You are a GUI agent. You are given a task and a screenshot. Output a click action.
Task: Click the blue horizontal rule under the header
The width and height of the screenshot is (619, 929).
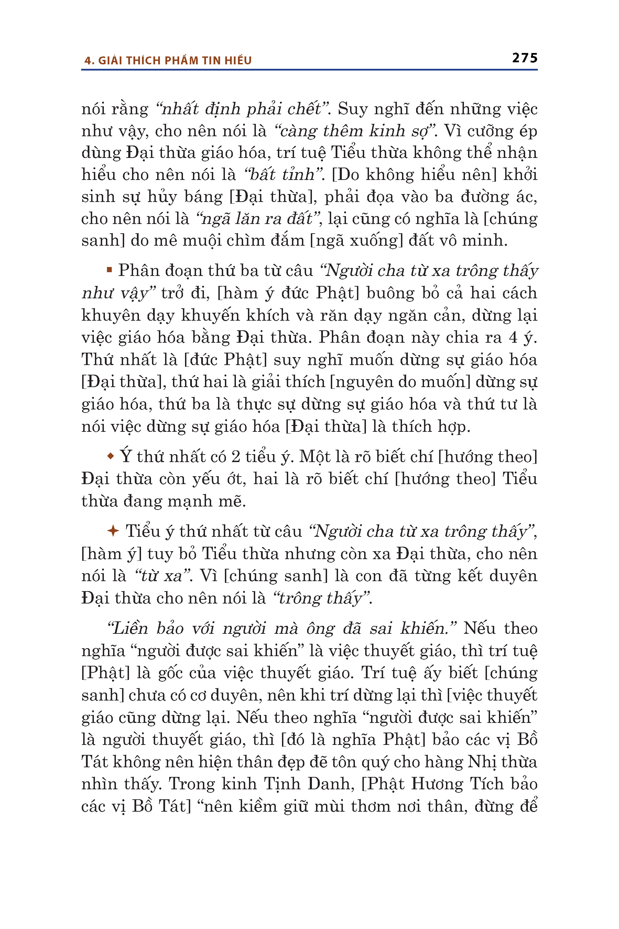pos(309,70)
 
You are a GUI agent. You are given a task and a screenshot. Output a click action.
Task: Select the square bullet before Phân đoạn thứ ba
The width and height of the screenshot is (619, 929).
pos(109,270)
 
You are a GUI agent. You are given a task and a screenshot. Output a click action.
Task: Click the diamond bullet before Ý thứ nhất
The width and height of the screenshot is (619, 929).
pos(110,456)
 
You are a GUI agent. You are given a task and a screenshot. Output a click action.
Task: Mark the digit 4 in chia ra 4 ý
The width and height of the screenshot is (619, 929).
pos(513,337)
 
